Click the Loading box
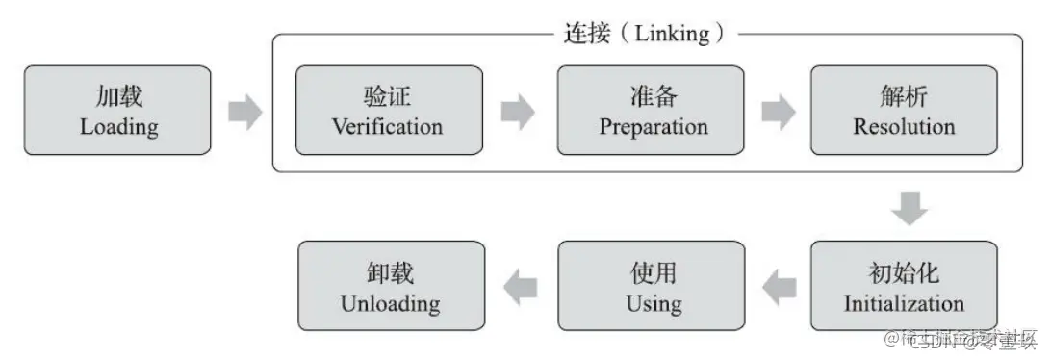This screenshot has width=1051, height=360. (117, 111)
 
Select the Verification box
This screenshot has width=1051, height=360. (388, 111)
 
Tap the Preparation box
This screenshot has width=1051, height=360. (652, 111)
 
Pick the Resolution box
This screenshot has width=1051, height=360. (903, 111)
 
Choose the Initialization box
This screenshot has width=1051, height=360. (903, 287)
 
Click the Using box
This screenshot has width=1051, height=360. (652, 287)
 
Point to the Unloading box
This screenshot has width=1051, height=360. (390, 287)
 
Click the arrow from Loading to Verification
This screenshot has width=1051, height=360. (244, 112)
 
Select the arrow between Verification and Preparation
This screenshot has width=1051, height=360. (518, 112)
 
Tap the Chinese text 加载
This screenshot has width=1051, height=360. (118, 95)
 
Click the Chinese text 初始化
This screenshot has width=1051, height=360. (903, 271)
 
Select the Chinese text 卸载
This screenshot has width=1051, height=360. (389, 271)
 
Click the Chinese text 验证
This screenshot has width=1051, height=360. (388, 95)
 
